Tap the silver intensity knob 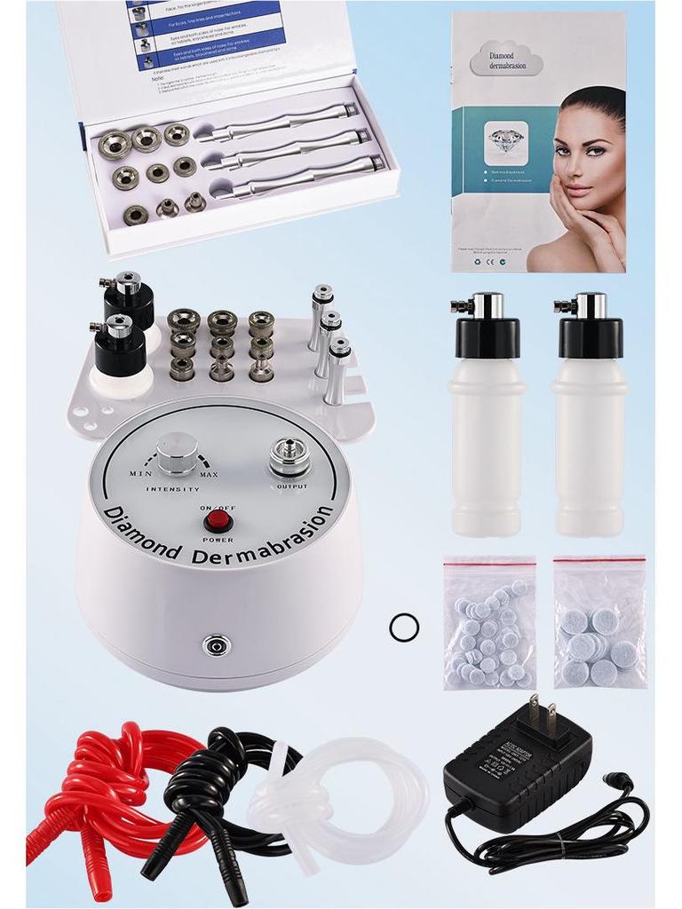point(176,454)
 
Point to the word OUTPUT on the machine point(292,486)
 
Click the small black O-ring point(404,628)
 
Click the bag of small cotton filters point(489,626)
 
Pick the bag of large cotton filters point(599,626)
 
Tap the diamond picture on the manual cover point(508,138)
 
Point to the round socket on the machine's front point(214,644)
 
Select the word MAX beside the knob point(209,476)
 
